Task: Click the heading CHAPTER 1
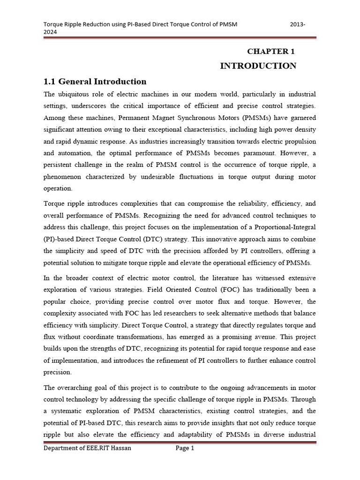click(271, 51)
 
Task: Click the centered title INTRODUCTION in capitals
click(258, 66)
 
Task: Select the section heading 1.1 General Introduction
click(95, 81)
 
